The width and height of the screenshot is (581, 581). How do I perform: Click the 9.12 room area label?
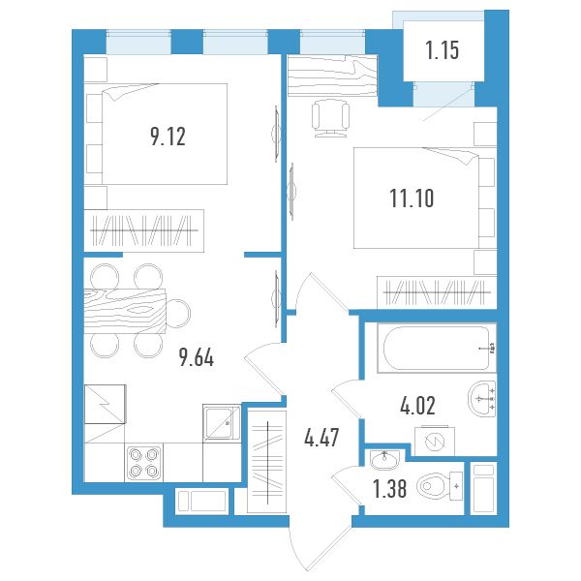168,137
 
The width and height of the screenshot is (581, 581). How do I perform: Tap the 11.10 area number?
412,198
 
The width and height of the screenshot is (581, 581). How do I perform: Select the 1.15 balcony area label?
443,50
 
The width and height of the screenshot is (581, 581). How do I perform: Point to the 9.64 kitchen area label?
197,358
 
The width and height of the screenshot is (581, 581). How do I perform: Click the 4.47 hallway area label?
321,438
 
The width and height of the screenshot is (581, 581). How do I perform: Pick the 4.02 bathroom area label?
417,406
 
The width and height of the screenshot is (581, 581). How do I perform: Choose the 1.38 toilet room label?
390,489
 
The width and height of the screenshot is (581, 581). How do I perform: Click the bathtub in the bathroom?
437,348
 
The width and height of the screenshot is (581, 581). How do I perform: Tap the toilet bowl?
440,486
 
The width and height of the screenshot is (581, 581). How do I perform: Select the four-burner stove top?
143,463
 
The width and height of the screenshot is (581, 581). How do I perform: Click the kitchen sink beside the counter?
222,423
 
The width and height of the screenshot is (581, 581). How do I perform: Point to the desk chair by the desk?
330,118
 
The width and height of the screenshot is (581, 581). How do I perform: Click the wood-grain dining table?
125,311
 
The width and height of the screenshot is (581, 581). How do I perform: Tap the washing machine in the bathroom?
435,441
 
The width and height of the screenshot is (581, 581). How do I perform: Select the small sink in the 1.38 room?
384,459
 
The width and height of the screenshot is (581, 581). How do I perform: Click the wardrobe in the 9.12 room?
144,230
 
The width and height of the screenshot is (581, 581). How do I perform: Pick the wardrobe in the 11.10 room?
437,292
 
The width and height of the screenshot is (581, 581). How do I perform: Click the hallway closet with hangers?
267,462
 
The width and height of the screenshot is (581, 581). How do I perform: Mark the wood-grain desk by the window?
333,76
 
